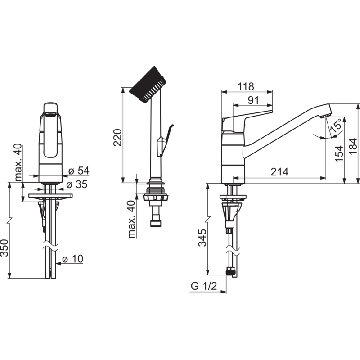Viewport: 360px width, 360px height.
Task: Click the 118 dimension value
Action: (246, 86)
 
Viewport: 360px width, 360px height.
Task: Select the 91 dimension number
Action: (253, 100)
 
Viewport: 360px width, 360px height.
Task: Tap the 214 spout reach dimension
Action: (279, 172)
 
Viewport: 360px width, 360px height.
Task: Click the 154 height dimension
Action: (339, 154)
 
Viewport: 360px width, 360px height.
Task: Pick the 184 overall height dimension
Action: (353, 147)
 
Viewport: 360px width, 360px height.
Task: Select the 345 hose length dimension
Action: (202, 238)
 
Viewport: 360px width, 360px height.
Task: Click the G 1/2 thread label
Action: (204, 286)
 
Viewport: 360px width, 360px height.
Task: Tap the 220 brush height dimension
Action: (118, 138)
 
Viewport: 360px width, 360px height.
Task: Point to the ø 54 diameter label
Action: (79, 171)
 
